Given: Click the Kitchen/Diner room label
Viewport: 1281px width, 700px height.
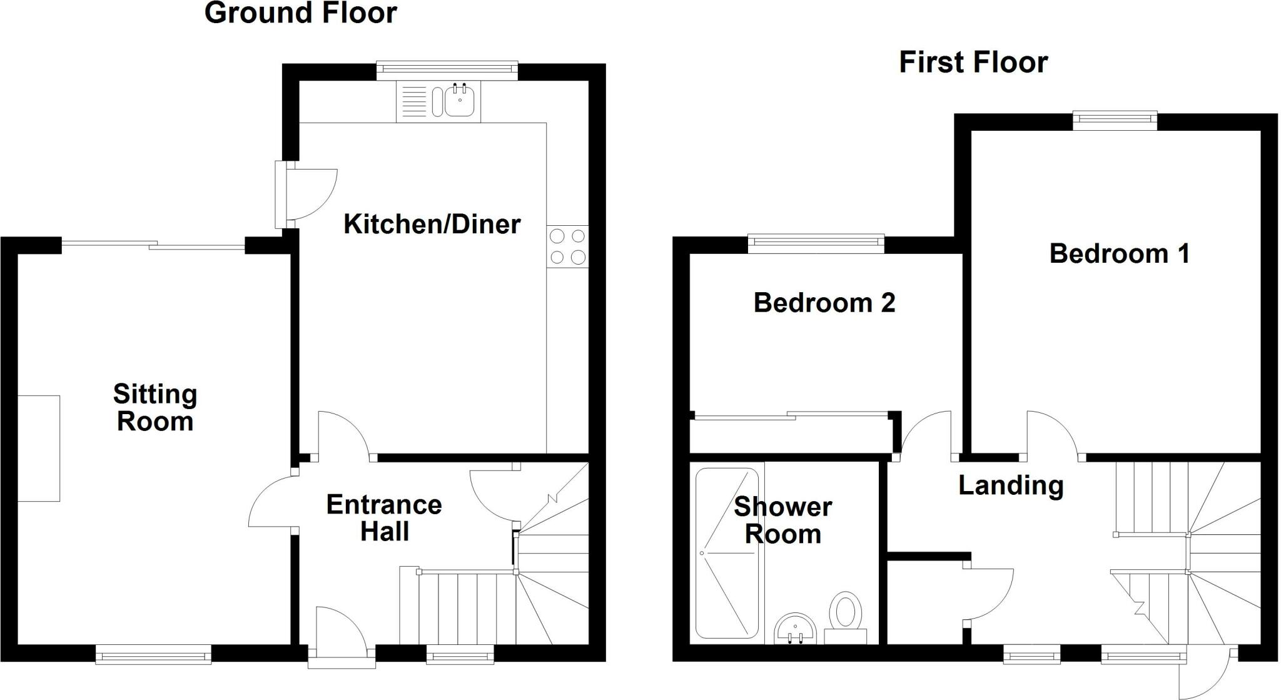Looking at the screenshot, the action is tap(432, 224).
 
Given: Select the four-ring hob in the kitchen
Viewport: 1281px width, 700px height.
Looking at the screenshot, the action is tap(568, 246).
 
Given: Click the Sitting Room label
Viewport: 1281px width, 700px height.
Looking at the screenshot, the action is tap(155, 407).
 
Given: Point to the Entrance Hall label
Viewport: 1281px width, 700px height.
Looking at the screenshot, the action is tap(384, 517).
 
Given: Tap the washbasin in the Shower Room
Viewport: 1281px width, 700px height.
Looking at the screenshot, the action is tap(795, 629).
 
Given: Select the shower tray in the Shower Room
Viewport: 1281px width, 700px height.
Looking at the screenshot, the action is tap(727, 553).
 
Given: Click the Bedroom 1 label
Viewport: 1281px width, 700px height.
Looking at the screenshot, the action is tap(1119, 253).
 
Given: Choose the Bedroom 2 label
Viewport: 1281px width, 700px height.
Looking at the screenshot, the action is tap(824, 303).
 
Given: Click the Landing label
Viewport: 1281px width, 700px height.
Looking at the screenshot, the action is tap(1011, 485).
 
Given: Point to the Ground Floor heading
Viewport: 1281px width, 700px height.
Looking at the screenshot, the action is tap(301, 13).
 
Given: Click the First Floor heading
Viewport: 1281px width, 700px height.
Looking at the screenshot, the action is tap(973, 63).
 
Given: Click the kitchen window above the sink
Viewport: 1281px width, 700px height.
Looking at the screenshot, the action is tap(447, 71).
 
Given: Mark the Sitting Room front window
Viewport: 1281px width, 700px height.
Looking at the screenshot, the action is tap(153, 655).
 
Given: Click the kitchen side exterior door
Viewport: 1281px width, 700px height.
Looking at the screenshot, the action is tap(307, 195).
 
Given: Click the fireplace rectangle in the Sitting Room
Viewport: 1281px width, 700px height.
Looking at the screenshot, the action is tap(39, 448).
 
